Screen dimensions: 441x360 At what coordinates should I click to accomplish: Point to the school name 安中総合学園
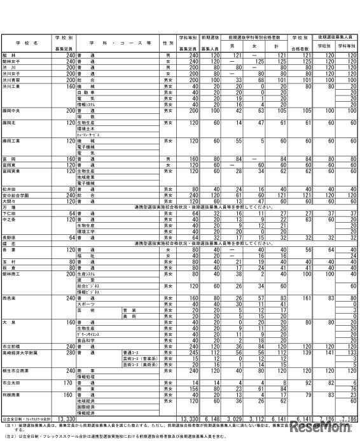15,195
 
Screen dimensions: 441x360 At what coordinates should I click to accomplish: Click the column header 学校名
25,42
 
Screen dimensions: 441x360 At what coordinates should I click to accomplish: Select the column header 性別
168,42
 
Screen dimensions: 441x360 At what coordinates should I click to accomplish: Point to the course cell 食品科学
85,340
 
